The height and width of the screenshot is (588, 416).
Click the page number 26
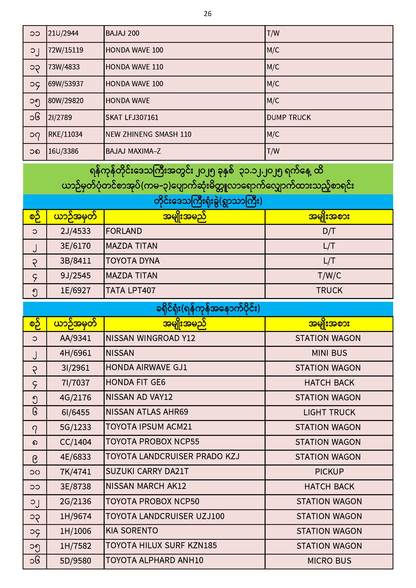click(x=207, y=14)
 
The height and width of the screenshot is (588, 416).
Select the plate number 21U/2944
click(x=63, y=33)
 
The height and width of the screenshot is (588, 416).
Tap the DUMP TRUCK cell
click(x=289, y=117)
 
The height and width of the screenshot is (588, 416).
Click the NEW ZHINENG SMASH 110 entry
click(x=148, y=135)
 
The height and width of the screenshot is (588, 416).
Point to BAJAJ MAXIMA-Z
click(x=133, y=151)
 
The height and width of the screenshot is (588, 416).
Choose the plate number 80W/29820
click(x=66, y=101)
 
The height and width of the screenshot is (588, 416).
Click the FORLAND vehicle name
click(x=124, y=231)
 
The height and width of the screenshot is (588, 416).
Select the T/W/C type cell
click(x=329, y=276)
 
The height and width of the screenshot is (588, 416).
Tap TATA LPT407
click(x=131, y=291)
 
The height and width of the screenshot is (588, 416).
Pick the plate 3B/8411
click(x=75, y=261)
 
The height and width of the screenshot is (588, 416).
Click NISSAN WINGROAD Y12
click(x=150, y=338)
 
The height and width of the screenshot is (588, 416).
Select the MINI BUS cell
click(x=329, y=353)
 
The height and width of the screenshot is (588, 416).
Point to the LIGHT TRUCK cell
click(x=329, y=412)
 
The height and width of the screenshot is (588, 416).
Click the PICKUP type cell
click(x=329, y=472)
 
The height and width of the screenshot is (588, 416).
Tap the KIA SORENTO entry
click(x=132, y=531)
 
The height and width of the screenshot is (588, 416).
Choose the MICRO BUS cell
click(x=329, y=561)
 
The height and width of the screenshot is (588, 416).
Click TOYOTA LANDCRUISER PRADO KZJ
click(x=172, y=456)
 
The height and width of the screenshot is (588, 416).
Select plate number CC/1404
click(x=75, y=442)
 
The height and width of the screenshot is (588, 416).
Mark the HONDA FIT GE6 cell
click(x=136, y=382)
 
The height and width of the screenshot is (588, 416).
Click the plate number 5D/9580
click(x=75, y=561)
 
